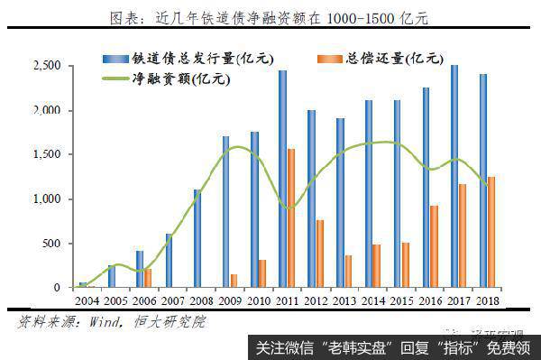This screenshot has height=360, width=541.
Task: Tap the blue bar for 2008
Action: [197, 238]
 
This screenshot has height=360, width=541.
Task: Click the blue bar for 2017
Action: [454, 176]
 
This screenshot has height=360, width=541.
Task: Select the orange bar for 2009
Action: [234, 281]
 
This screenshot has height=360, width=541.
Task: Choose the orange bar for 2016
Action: [434, 246]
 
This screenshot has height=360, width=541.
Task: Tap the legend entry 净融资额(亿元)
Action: [180, 78]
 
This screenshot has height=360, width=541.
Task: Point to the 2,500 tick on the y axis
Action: [47, 66]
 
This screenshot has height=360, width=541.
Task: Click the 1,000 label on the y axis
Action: [47, 199]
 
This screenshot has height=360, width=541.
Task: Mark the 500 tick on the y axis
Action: [52, 244]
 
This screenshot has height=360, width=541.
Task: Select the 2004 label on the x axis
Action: [87, 300]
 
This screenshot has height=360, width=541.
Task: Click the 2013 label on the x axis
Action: [344, 300]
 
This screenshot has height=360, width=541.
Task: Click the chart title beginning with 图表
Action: [270, 17]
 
